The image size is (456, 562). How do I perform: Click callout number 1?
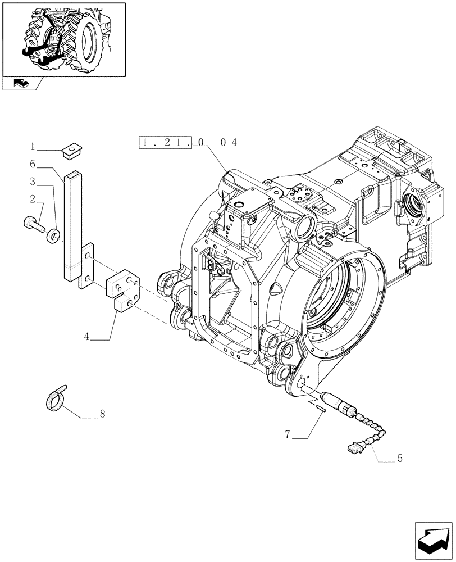click(33, 147)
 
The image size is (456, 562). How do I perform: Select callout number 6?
click(33, 164)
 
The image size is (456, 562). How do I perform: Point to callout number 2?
click(33, 198)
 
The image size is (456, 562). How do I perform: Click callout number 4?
click(87, 337)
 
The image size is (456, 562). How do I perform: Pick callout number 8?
click(102, 414)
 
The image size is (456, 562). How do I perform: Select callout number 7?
click(287, 434)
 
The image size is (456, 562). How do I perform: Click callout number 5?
click(399, 458)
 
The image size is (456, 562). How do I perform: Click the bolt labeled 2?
click(35, 225)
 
